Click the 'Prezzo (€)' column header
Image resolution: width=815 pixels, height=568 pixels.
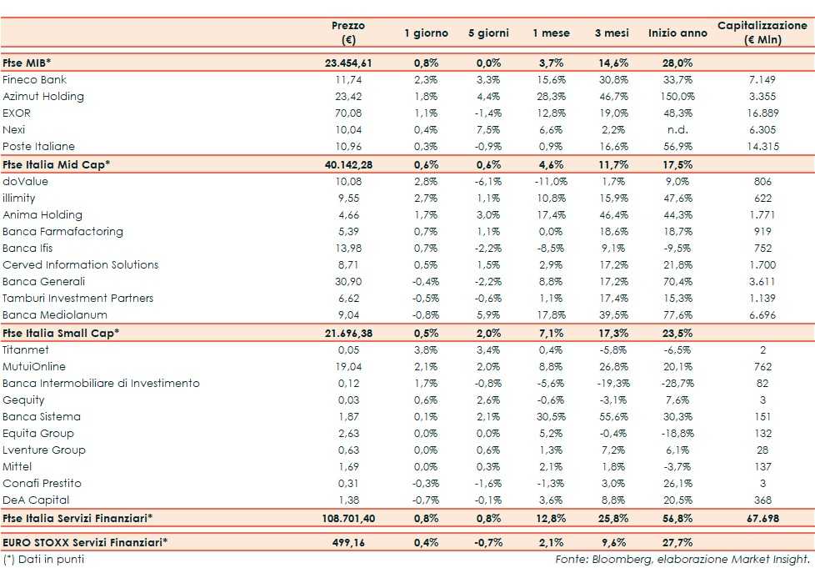pos(348,33)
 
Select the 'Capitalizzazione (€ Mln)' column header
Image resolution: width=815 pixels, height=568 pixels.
pos(762,33)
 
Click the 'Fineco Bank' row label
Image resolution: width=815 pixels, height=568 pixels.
pos(34,80)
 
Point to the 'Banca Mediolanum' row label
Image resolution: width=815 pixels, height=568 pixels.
pos(47,315)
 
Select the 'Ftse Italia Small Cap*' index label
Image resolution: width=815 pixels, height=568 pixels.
pos(61,333)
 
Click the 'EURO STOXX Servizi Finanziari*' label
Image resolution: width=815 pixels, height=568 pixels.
pos(85,542)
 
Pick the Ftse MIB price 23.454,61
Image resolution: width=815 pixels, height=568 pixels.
pos(348,63)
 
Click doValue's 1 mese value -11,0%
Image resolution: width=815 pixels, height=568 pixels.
pos(551,181)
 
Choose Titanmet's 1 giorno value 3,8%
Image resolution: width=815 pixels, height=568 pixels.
pos(426,349)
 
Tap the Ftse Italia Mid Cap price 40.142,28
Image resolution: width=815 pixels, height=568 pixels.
pos(348,164)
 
